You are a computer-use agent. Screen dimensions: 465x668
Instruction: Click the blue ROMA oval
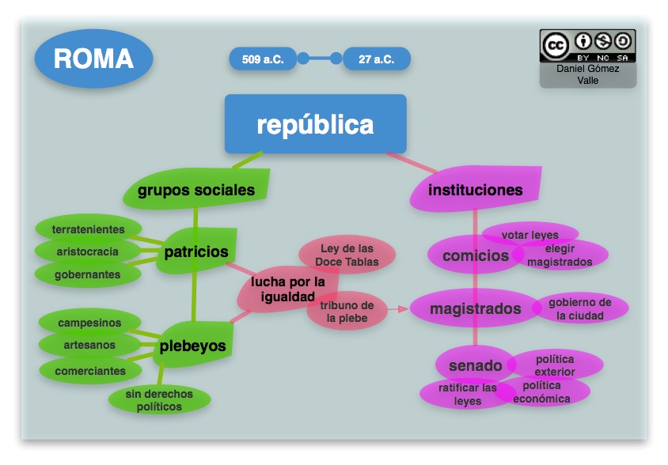93,59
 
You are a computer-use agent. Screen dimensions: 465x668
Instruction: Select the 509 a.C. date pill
262,59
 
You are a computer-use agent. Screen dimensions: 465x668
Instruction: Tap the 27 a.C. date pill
377,59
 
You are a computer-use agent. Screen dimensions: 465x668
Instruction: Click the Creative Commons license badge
587,46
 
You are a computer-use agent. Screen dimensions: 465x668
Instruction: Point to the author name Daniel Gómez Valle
587,74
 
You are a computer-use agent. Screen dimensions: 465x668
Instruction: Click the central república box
315,124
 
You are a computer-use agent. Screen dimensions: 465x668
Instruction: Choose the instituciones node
476,190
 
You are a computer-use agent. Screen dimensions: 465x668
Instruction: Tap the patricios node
196,251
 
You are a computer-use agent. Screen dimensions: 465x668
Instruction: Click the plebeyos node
192,346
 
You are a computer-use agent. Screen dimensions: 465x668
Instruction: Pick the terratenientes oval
88,229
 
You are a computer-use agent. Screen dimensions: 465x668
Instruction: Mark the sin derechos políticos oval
159,399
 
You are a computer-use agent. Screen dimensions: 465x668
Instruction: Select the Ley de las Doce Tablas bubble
347,255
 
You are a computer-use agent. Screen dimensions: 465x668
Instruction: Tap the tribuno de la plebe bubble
347,311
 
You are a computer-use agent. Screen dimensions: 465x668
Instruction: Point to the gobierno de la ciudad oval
580,308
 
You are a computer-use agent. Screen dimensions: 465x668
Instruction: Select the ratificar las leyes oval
467,394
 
